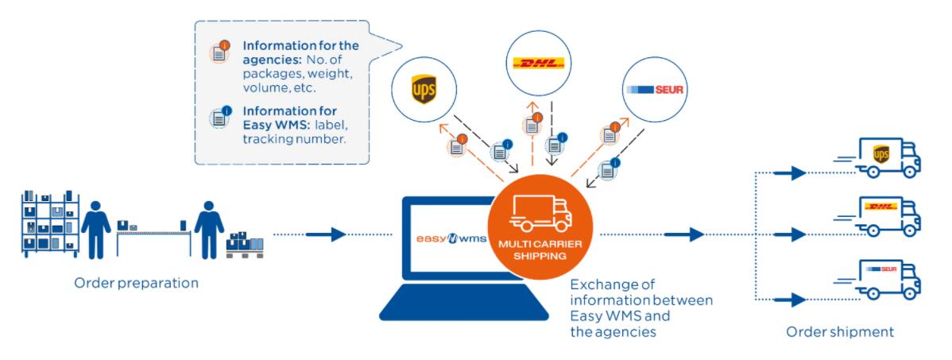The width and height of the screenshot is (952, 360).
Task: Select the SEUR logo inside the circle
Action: pos(654,90)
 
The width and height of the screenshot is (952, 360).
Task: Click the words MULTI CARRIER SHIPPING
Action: pos(541,250)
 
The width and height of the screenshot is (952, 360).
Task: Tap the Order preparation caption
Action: pos(136,283)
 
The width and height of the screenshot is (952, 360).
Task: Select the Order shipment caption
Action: pos(839,331)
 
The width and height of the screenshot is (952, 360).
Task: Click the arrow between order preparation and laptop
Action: pos(326,234)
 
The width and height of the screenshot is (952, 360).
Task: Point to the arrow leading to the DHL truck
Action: pos(795,234)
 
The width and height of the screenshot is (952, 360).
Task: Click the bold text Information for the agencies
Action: pos(301,52)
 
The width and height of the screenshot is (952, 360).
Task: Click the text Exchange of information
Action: pos(640,292)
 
